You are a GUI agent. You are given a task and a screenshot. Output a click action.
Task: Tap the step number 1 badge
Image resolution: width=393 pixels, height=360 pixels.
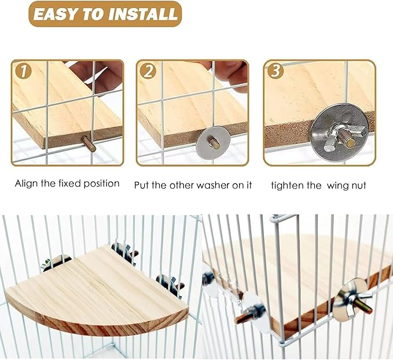click(x=23, y=72)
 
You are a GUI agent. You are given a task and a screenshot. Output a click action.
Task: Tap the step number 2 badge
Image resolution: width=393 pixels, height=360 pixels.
click(x=149, y=72)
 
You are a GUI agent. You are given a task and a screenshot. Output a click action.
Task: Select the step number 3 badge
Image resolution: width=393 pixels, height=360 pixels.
click(x=276, y=72)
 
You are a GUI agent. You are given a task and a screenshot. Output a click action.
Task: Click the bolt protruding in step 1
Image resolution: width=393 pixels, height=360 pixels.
click(x=89, y=142)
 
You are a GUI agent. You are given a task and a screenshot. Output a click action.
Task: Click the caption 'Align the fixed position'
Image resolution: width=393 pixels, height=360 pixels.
click(x=67, y=183)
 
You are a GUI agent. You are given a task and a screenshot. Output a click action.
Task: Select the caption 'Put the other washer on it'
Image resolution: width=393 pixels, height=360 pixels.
click(x=193, y=185)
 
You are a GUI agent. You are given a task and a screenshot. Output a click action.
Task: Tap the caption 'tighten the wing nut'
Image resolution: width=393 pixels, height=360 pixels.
click(x=319, y=185)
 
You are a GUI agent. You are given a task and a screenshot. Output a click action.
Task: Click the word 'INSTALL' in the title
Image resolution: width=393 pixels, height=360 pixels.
click(x=137, y=14)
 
